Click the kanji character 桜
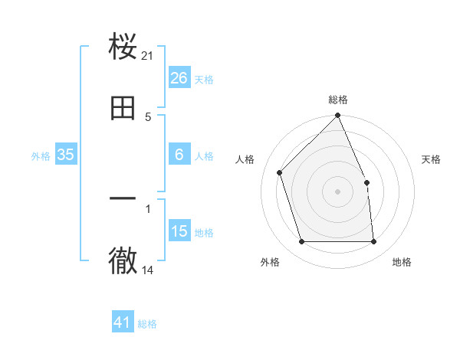(123, 47)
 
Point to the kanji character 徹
(123, 260)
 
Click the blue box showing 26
(179, 77)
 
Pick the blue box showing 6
(179, 155)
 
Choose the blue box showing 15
(179, 231)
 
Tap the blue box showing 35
(66, 155)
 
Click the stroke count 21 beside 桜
(149, 56)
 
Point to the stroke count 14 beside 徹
(149, 270)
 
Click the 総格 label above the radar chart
(338, 100)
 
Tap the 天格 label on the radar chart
(432, 159)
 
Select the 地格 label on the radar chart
(402, 262)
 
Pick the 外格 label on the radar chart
(270, 262)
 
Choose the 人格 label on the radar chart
(245, 159)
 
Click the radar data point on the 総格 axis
(338, 116)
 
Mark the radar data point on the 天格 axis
(366, 182)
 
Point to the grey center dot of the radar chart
(338, 191)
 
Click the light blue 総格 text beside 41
(148, 324)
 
